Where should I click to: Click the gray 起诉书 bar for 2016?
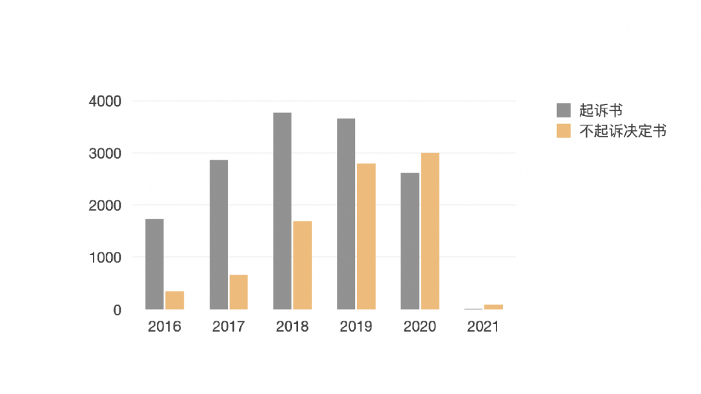154,264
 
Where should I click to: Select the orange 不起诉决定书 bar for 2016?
175,301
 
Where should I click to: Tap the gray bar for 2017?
219,234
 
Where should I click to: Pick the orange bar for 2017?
238,292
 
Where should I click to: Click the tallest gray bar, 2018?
282,211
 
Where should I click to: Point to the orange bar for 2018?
302,265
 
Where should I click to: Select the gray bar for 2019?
346,214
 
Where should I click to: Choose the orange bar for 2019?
366,236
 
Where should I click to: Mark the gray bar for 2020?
410,241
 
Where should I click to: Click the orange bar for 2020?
430,231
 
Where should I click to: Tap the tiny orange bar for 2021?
493,307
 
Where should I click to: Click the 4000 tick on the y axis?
105,101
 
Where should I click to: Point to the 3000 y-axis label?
105,154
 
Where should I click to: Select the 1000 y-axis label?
105,258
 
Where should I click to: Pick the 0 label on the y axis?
117,310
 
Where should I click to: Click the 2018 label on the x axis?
292,326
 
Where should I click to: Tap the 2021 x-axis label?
483,326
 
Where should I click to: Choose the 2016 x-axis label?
164,326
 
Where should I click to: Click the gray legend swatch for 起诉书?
564,110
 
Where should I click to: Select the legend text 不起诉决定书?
623,131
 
